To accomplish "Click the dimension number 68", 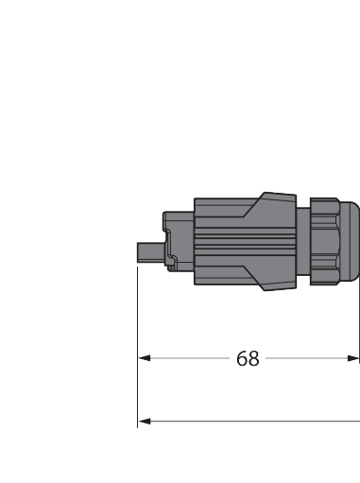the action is coord(248,358).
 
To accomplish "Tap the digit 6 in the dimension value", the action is coord(242,358).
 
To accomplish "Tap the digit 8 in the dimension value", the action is coord(254,358).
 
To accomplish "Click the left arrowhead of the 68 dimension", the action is coord(145,358).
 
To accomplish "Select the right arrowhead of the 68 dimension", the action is coord(353,358).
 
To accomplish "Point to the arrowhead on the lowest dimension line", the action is coord(145,422).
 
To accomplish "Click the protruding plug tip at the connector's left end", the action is coord(150,252).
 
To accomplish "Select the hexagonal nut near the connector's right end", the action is coord(325,242).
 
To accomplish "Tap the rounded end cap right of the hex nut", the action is coord(350,241).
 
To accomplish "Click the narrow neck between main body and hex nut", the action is coord(303,242).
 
